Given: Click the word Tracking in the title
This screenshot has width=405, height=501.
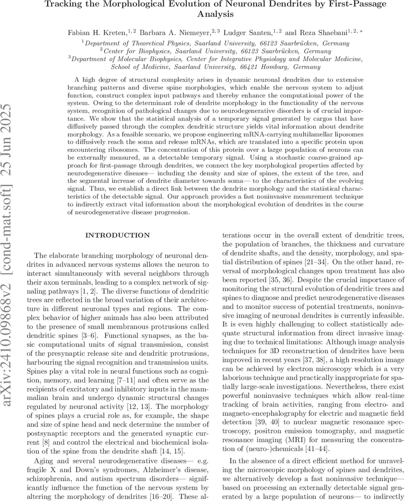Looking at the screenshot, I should point(63,5).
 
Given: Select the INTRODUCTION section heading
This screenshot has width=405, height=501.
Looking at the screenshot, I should point(117,235).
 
